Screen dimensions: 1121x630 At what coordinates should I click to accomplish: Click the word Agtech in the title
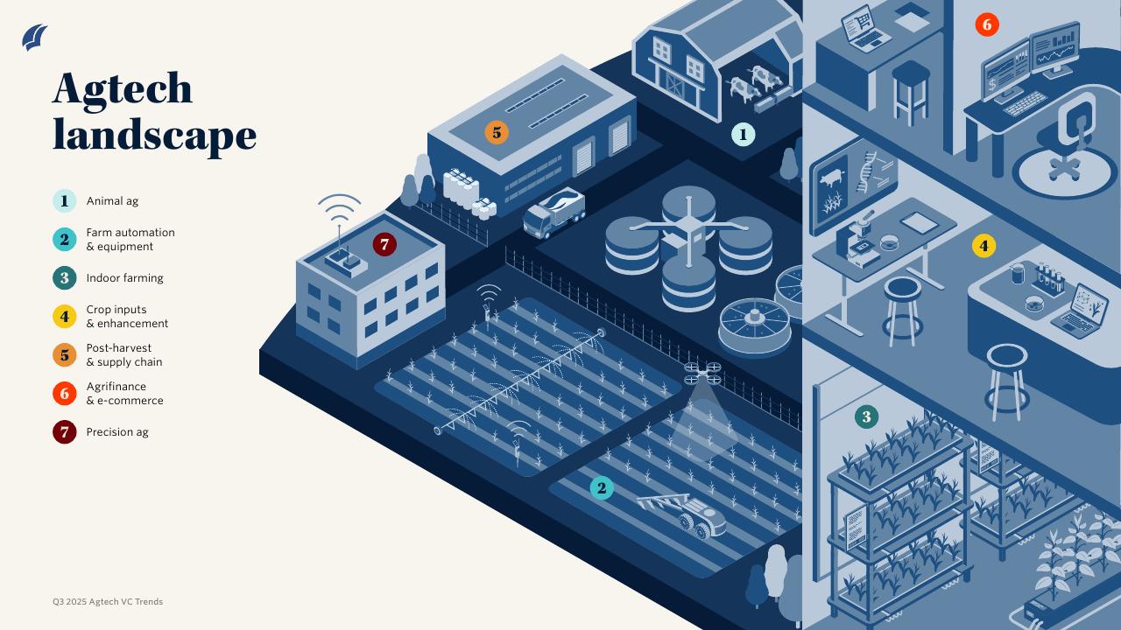(122, 88)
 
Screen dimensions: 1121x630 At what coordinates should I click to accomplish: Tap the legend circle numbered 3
(64, 278)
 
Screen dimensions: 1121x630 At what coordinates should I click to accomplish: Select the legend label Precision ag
(117, 432)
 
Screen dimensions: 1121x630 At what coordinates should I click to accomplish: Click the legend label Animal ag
(112, 201)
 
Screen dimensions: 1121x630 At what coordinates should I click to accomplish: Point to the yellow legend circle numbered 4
(64, 317)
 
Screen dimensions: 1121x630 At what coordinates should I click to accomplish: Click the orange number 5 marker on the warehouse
(497, 133)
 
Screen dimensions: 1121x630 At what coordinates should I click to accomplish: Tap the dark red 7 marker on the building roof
(384, 245)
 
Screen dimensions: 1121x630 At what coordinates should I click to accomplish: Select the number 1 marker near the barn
(743, 135)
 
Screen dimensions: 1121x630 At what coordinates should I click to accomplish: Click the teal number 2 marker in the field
(601, 488)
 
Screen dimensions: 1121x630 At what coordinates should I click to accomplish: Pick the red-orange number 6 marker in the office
(987, 24)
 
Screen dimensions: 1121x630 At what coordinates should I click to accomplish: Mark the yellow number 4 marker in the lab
(984, 246)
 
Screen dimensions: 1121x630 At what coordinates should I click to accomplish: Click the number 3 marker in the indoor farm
(866, 416)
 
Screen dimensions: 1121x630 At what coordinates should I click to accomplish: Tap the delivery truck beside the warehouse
(553, 213)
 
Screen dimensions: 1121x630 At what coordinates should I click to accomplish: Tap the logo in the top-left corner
(35, 38)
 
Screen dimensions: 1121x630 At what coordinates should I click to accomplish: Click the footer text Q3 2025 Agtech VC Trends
(108, 602)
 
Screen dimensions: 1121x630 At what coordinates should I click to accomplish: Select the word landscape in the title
(154, 136)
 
